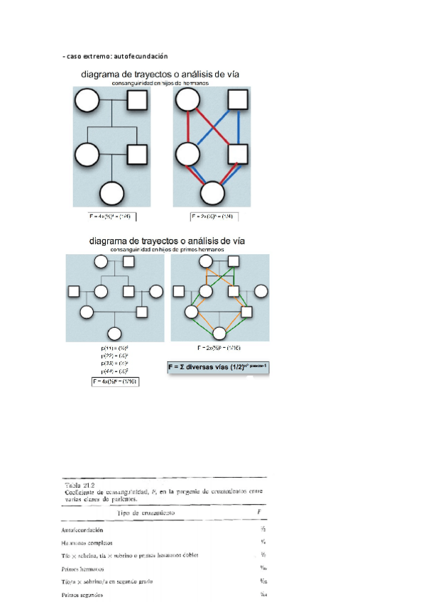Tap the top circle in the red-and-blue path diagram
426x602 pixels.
pos(187,101)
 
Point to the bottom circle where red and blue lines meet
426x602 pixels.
pos(212,193)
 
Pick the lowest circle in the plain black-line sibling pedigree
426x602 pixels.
pos(112,193)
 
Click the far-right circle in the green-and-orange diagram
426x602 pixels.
pos(261,290)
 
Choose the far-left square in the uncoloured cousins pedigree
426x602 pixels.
pos(72,290)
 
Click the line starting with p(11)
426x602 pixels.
pos(114,348)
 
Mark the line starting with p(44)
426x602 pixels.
pos(114,371)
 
